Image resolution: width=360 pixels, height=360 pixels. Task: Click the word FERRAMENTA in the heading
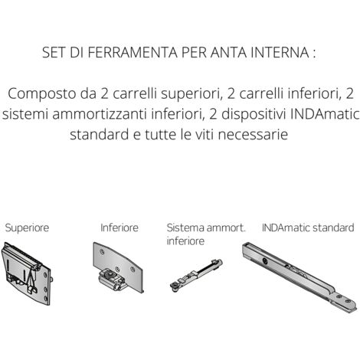tap(133, 52)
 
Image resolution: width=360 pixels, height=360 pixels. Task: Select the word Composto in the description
tap(42, 94)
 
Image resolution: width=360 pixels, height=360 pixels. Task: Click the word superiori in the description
tap(191, 94)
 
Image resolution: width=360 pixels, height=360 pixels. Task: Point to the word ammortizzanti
tap(100, 114)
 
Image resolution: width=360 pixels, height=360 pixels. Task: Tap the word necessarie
tap(253, 135)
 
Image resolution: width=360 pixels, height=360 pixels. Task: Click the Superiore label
tap(27, 227)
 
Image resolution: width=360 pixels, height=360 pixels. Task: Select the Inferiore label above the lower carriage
tap(119, 227)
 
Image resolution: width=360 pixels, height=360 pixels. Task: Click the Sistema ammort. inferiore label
tap(206, 234)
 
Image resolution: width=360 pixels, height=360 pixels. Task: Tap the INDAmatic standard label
tap(308, 227)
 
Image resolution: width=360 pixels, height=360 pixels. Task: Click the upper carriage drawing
tap(27, 273)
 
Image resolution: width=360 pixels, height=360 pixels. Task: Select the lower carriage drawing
tap(118, 267)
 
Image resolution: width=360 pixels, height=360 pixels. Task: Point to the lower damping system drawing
tap(196, 276)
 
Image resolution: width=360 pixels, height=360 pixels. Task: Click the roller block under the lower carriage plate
tap(112, 280)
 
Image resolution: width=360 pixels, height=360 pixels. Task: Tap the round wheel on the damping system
tap(175, 287)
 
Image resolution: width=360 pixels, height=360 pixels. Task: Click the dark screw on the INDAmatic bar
tap(264, 260)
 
